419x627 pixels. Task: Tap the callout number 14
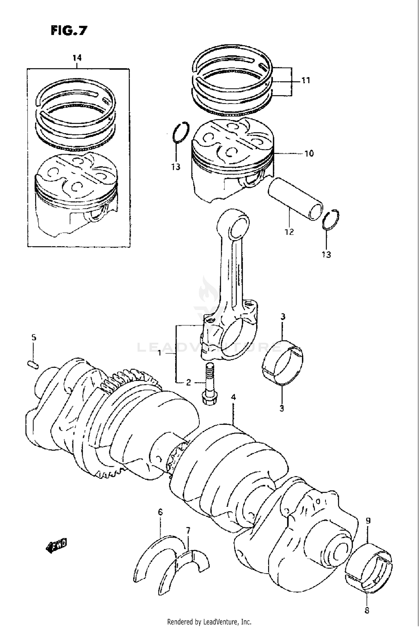[x=77, y=58]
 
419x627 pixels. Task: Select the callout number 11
[x=306, y=80]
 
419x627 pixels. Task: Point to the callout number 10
[x=309, y=153]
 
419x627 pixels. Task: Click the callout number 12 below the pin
[x=289, y=232]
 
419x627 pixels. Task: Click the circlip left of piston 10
[x=181, y=132]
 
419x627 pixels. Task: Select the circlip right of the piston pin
[x=331, y=220]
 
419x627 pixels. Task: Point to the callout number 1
[x=159, y=353]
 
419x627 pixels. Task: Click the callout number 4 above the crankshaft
[x=233, y=397]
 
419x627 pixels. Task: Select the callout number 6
[x=160, y=512]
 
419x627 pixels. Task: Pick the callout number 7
[x=188, y=530]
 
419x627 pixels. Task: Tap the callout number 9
[x=368, y=521]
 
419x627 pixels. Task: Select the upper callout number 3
[x=283, y=317]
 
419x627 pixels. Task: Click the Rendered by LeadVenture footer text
[x=209, y=622]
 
